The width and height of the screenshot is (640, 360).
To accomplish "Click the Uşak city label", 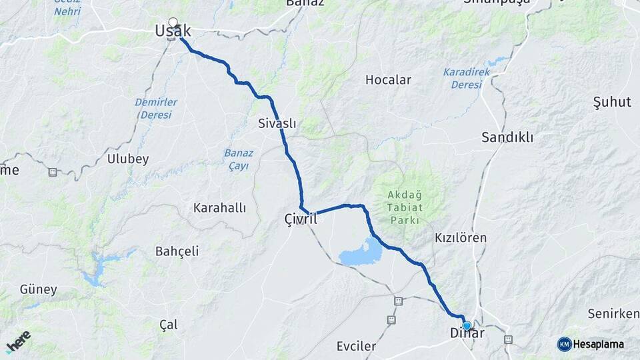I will pos(172,31).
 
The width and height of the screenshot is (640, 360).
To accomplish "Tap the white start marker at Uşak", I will pos(173,23).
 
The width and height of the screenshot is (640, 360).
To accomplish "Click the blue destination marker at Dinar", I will pos(467,326).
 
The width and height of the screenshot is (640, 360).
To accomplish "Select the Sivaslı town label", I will pos(277,123).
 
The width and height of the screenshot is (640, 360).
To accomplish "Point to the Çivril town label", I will pos(300,219).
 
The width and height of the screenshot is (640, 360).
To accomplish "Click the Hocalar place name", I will pos(388,80).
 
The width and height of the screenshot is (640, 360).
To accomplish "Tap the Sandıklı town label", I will pos(507,137).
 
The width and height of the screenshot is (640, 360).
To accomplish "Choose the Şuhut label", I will pos(611,102).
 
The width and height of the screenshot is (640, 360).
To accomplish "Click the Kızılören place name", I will pos(461,237).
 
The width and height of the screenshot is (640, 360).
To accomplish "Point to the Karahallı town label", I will pos(219,208).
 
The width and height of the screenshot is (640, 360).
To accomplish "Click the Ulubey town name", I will pos(128,159).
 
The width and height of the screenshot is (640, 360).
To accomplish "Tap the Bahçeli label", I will pos(177,251).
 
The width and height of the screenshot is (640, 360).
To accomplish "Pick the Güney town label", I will pos(38,290).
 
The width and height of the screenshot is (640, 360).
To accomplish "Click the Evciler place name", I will pos(356,346).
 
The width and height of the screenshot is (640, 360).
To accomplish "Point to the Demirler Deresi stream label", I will pos(156,108).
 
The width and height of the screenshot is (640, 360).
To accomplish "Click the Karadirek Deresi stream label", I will pos(467,78).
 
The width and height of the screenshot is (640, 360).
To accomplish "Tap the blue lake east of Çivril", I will pos(361,253).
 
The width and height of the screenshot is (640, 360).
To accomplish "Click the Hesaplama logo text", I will pos(599,344).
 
